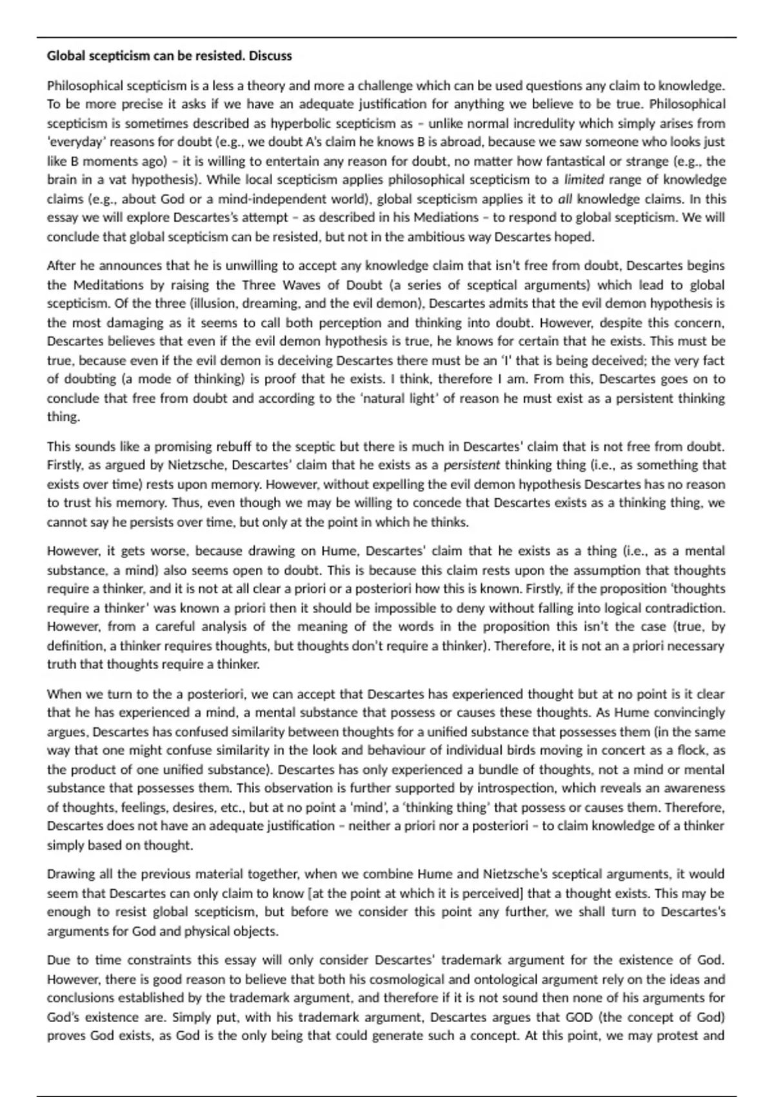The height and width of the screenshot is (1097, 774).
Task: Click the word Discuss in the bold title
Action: pyautogui.click(x=270, y=56)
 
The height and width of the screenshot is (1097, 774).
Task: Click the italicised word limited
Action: pyautogui.click(x=584, y=179)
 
